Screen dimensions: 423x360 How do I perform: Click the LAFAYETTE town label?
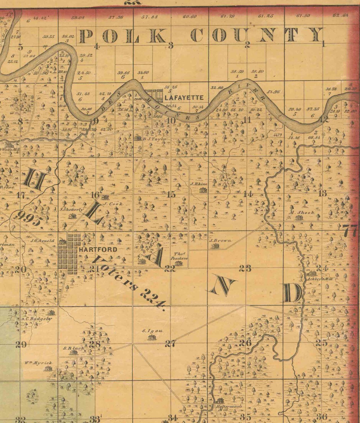pyautogui.click(x=184, y=98)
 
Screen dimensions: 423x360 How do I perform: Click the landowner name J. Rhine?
pyautogui.click(x=199, y=184)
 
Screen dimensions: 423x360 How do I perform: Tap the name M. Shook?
pyautogui.click(x=302, y=212)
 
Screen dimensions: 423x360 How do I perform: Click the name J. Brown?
pyautogui.click(x=220, y=241)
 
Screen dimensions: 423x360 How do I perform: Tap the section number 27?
pyautogui.click(x=170, y=344)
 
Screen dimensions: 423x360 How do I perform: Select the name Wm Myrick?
pyautogui.click(x=42, y=363)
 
